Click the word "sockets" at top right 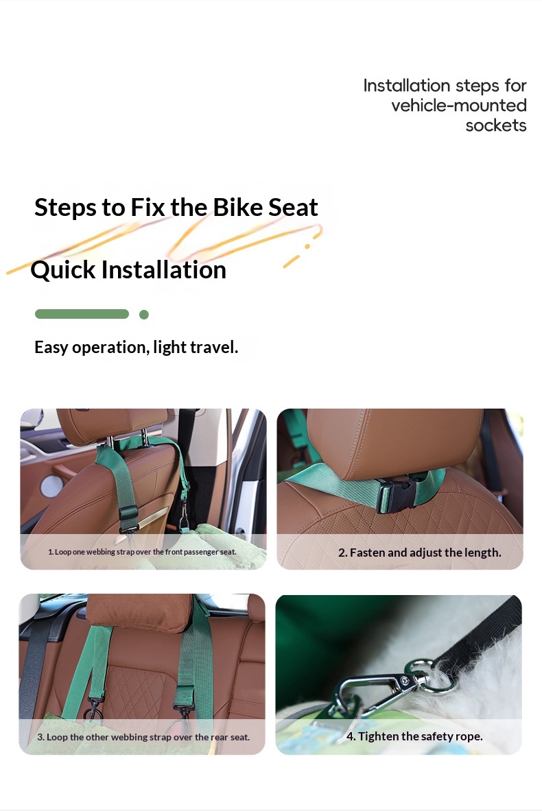pos(496,125)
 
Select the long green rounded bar pos(82,314)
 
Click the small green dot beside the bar pos(144,315)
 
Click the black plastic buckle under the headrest pos(397,494)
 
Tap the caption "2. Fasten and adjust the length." pos(420,553)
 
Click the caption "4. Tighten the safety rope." pos(414,736)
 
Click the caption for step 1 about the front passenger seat pos(142,552)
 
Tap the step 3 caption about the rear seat pos(143,737)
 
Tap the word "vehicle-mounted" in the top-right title pos(459,106)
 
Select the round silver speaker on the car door pos(51,486)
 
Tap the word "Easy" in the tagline pos(51,348)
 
